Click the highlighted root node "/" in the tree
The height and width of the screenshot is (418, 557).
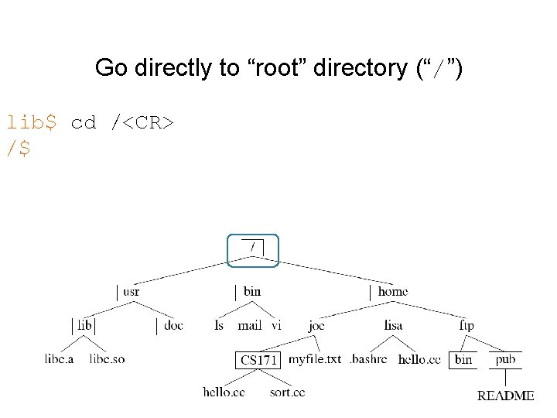[252, 248]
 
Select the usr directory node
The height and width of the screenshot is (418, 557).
[131, 292]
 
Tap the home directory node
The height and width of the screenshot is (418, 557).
[392, 292]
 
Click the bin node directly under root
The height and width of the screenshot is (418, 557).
[251, 292]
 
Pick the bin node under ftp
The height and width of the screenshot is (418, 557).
[463, 359]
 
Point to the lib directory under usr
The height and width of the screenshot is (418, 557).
[84, 326]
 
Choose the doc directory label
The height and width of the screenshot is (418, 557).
[174, 326]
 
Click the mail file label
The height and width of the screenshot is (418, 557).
[251, 326]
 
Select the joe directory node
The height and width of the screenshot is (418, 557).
[316, 326]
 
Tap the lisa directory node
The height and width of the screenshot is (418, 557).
[393, 326]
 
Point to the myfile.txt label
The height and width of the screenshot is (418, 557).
[315, 359]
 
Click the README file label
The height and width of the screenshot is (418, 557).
[505, 395]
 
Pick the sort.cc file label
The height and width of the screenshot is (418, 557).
[289, 392]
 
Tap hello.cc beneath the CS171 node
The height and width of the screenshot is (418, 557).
[224, 392]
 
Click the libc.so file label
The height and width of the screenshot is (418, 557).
[107, 359]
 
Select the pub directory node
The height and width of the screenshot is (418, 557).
[506, 359]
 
